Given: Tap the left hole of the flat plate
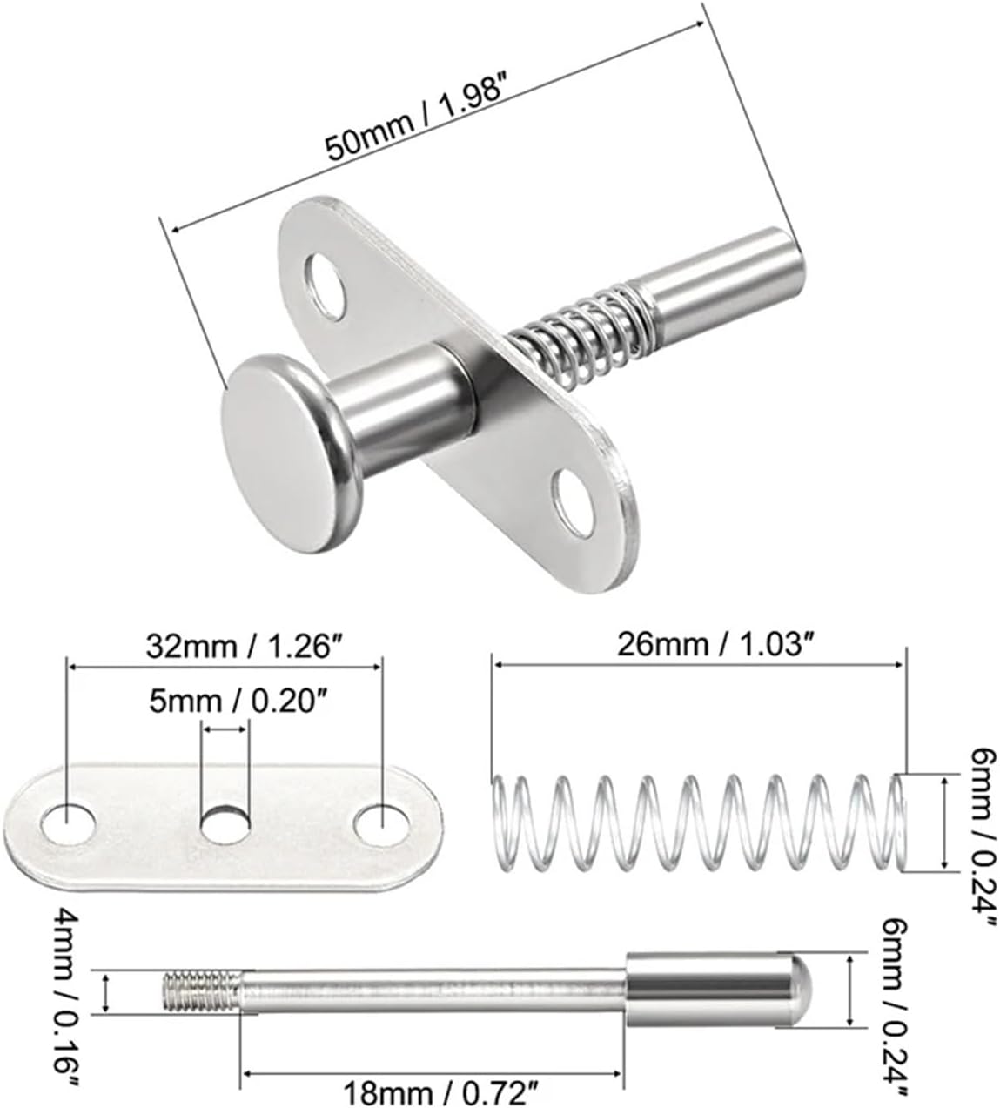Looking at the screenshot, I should (68, 823).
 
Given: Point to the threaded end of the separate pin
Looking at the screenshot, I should (201, 992).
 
